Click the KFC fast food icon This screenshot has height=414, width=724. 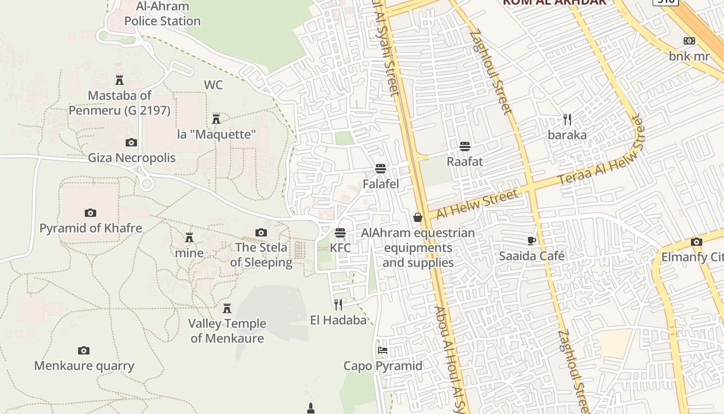340,233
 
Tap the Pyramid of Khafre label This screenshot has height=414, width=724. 90,228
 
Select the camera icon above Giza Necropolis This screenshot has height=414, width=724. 131,142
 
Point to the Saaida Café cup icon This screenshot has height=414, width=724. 531,241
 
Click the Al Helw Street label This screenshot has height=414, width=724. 476,204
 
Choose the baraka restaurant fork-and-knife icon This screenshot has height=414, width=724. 567,120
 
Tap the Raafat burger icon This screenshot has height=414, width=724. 464,146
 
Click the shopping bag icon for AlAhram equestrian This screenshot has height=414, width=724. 417,218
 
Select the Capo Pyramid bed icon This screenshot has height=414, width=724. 383,350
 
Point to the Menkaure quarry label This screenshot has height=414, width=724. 84,366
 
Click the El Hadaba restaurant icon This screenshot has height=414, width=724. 338,304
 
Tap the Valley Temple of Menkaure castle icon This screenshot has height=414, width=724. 227,308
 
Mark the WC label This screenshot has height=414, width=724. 213,85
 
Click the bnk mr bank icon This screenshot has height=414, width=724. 689,41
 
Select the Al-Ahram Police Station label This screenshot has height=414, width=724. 162,14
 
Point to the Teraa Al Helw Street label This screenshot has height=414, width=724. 602,158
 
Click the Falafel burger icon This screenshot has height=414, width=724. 381,169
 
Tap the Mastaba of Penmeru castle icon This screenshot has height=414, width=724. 119,80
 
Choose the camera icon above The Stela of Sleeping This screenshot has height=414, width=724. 261,232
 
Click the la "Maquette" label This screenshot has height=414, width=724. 216,135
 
